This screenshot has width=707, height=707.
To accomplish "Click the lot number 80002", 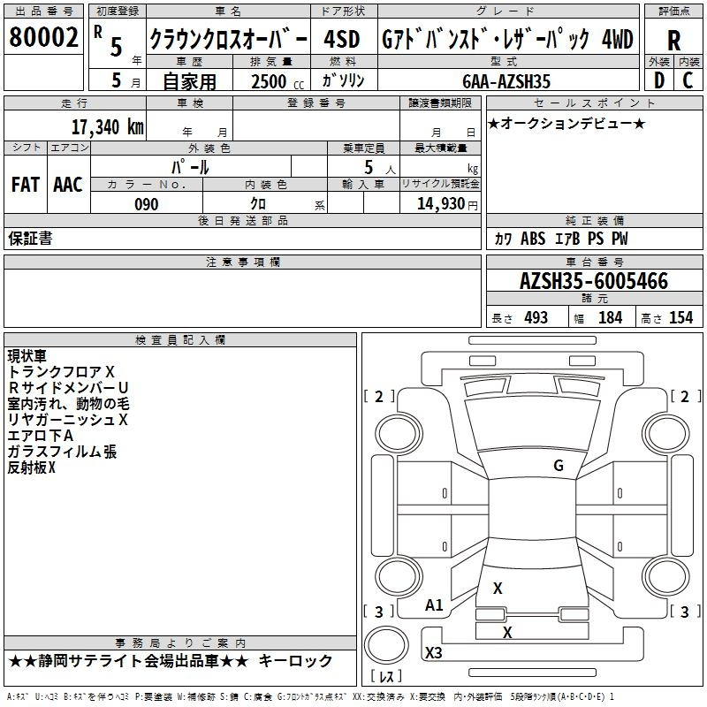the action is [x=43, y=37].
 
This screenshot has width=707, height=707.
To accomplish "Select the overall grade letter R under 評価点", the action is [x=673, y=41].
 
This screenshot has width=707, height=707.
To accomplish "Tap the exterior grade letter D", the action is [x=659, y=80].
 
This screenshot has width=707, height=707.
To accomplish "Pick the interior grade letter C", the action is [x=688, y=80].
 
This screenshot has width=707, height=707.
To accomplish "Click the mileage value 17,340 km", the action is [x=107, y=126].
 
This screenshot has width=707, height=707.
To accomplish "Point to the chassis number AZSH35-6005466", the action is [x=594, y=281].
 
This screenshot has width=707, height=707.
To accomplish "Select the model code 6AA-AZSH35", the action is [x=506, y=81].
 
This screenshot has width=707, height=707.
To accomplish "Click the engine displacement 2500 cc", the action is [x=277, y=81].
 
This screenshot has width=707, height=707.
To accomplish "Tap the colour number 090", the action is [x=147, y=204].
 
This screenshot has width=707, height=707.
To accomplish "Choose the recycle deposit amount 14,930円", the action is [x=447, y=204].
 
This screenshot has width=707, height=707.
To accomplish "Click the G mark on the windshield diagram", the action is [x=559, y=465].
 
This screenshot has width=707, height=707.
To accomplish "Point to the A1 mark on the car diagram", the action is [x=434, y=605].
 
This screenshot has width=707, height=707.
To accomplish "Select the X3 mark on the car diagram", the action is [x=434, y=652].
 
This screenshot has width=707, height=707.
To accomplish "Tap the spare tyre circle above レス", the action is [x=386, y=645].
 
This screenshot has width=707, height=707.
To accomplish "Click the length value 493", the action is [x=536, y=317].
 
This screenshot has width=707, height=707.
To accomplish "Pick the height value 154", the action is [x=680, y=317].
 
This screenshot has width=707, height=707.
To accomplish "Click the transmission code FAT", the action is [x=26, y=185].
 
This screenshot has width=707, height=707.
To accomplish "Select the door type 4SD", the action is [x=342, y=39].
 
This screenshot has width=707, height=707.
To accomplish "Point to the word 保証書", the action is [x=30, y=239].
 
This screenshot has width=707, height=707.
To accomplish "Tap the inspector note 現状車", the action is [x=27, y=356].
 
